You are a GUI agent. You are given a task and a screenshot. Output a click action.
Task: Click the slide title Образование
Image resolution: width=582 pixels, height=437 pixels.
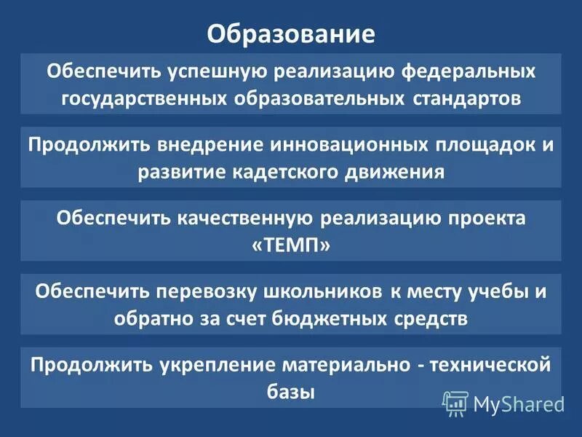click(x=291, y=34)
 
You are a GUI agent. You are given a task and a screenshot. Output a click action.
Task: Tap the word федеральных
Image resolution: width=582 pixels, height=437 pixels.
click(x=463, y=72)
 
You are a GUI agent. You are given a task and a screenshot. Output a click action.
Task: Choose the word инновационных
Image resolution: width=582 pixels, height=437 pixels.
click(x=354, y=143)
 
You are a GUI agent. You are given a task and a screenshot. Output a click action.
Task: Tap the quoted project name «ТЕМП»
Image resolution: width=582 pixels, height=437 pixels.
click(x=291, y=245)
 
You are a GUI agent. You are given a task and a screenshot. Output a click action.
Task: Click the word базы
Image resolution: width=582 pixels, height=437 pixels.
click(x=291, y=392)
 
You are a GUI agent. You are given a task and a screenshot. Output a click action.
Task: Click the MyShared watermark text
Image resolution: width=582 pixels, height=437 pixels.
click(x=519, y=402)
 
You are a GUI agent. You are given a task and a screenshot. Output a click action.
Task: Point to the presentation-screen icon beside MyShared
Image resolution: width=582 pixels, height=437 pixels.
click(x=456, y=402)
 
